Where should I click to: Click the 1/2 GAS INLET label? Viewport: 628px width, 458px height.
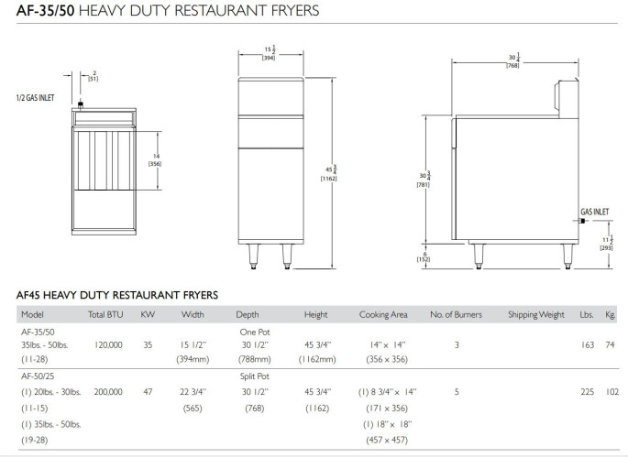point(35,98)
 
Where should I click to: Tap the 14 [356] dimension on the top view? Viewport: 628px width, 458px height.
point(155,160)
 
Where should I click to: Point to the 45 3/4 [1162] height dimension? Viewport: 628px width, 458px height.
point(329,173)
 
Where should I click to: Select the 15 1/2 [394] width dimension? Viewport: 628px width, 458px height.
point(269,53)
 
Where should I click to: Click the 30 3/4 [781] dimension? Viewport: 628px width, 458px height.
point(424,180)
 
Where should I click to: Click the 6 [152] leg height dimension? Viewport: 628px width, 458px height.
point(424,256)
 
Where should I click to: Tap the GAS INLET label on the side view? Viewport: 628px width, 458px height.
point(595,212)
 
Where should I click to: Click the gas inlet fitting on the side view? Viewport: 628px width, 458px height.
point(583,221)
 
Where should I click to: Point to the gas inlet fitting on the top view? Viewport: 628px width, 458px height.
point(80,105)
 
